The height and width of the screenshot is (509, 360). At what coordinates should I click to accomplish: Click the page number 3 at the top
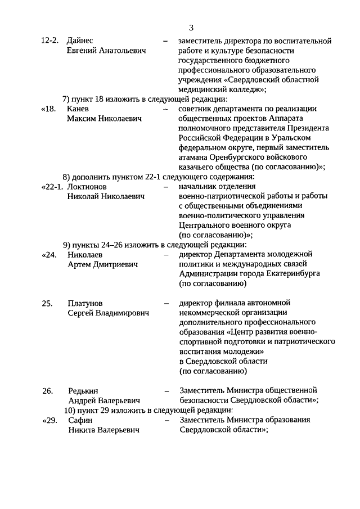point(191,28)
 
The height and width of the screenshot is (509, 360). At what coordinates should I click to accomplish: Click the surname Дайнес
point(80,40)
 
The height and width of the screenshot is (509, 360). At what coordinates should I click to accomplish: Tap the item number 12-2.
point(50,40)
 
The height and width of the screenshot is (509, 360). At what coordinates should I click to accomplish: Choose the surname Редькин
point(83,390)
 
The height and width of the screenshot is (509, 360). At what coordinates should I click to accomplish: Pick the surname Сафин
point(79,420)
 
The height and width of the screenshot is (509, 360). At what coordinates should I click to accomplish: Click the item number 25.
point(47,303)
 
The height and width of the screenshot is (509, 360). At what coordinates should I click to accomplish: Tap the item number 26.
point(47,390)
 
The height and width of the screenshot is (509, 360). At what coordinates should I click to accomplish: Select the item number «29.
point(49,420)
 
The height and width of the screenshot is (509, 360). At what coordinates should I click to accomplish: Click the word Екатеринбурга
point(289,273)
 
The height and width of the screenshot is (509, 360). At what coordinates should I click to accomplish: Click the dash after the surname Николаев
point(166,254)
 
